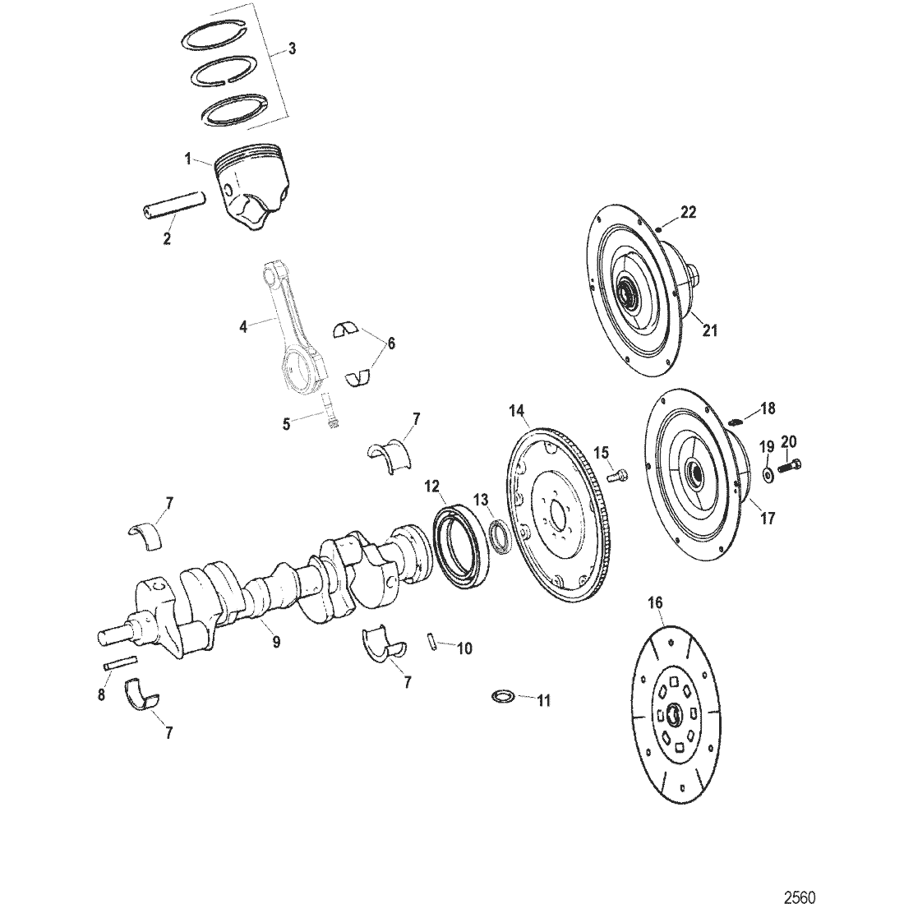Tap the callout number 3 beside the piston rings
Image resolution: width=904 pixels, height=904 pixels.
tap(293, 49)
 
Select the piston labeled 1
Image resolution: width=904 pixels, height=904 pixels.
tap(251, 185)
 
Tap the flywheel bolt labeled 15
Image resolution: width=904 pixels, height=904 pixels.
tap(617, 474)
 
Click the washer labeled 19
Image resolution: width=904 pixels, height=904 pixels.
tap(767, 475)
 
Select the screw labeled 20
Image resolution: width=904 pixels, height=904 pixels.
tap(791, 466)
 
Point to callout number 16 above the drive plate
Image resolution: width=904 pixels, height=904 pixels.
tap(654, 603)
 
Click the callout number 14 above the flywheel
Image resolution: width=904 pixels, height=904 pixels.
tap(516, 410)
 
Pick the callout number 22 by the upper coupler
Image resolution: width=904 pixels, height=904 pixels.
tap(689, 212)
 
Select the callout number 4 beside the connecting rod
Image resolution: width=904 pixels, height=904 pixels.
tap(243, 326)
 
